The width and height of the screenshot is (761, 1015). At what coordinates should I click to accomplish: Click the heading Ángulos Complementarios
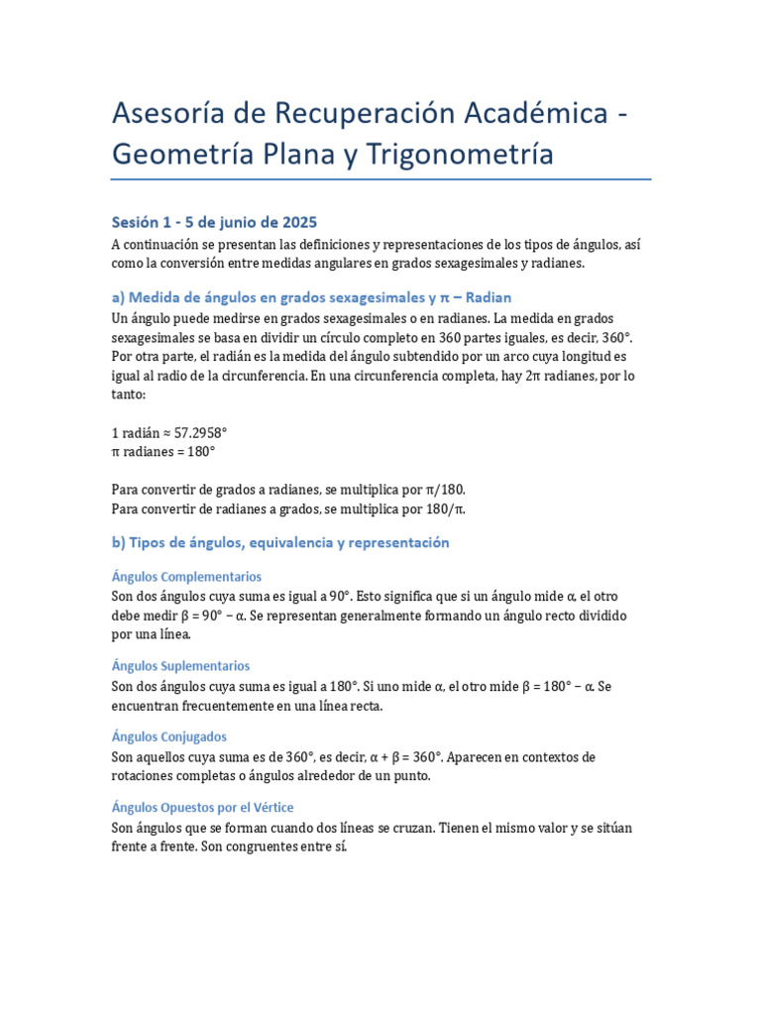coord(186,576)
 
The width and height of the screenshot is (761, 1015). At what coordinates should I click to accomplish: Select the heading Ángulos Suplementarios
coord(180,666)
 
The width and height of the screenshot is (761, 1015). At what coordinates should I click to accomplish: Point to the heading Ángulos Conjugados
coord(169,736)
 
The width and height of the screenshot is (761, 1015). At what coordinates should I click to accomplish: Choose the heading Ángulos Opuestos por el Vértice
coord(202,807)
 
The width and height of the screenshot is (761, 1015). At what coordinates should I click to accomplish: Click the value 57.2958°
coord(201,433)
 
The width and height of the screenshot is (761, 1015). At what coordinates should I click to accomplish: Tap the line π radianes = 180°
coord(163,451)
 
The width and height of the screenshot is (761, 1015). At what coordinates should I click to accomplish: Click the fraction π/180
coord(440,491)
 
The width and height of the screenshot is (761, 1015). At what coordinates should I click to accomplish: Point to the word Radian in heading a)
coord(488,297)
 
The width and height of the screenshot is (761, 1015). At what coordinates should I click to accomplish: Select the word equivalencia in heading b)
coord(289,543)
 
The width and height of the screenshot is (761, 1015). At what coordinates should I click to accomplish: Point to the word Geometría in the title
coord(185,154)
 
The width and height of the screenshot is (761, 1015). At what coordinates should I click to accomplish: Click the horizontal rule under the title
coord(380,179)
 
